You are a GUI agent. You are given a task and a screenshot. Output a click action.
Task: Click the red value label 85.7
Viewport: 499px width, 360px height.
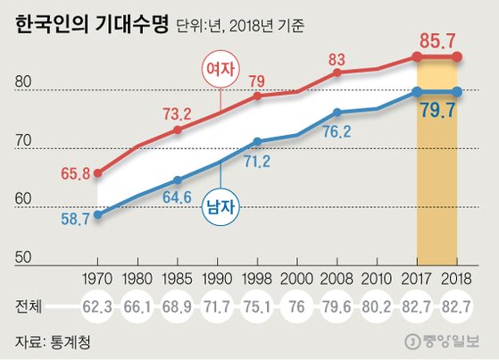[437, 40]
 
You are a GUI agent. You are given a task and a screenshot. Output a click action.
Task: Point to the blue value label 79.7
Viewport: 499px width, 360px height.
[437, 112]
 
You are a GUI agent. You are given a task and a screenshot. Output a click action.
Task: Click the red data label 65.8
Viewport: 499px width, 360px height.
[74, 173]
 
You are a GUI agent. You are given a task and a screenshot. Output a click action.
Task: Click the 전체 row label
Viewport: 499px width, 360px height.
[29, 306]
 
